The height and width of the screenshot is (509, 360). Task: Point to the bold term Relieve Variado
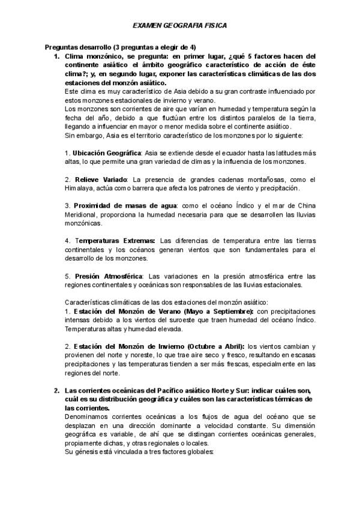[100, 179]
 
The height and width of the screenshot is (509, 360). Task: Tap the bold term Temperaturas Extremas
[113, 241]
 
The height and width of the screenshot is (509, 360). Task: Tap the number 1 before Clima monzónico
[56, 56]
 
